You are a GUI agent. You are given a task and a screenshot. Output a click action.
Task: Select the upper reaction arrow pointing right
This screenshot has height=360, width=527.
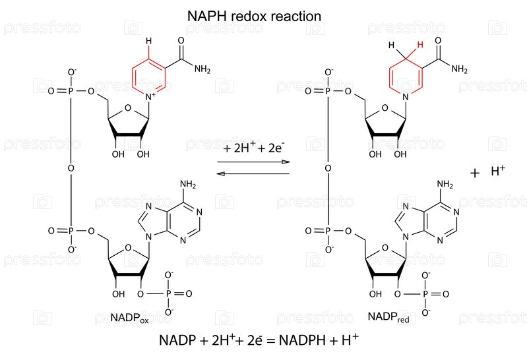254,162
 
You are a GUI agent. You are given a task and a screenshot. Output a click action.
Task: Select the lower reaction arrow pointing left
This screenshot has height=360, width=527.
254,173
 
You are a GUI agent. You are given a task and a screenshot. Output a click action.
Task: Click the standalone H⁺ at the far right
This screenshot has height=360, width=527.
497,173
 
